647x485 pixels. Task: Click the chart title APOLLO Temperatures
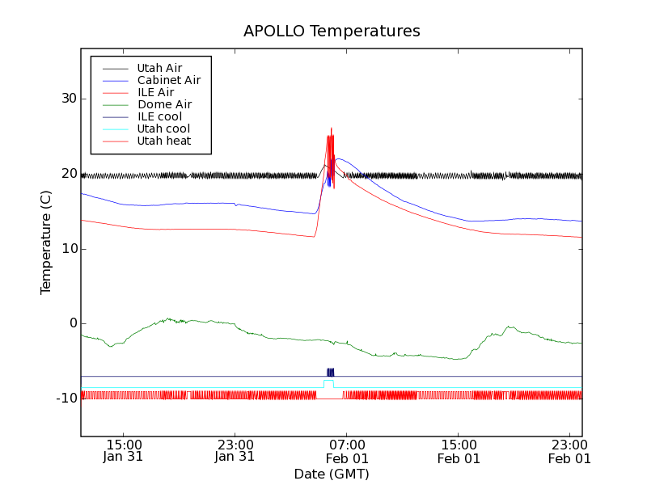coord(332,32)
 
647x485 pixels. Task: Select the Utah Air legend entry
coord(159,68)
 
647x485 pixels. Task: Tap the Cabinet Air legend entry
coord(168,80)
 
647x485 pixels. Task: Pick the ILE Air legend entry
coord(155,92)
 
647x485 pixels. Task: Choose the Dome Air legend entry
coord(164,104)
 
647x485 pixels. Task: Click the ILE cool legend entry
coord(159,116)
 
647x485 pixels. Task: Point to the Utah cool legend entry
coord(163,129)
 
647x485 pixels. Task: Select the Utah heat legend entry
coord(164,141)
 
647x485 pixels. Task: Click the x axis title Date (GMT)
coord(332,474)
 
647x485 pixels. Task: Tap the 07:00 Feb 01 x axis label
coord(346,450)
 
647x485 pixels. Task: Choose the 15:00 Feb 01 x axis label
coord(459,450)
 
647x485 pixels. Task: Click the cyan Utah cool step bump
coord(329,381)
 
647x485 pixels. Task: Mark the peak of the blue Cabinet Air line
coord(338,158)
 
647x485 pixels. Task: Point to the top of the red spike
coord(331,128)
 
